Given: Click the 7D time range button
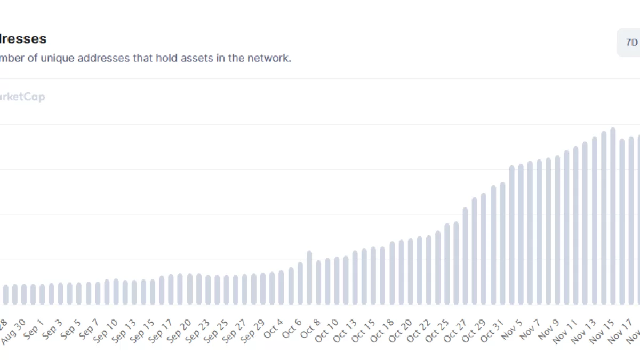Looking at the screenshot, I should (x=631, y=43).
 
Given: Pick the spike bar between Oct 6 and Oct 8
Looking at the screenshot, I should (x=309, y=277).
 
